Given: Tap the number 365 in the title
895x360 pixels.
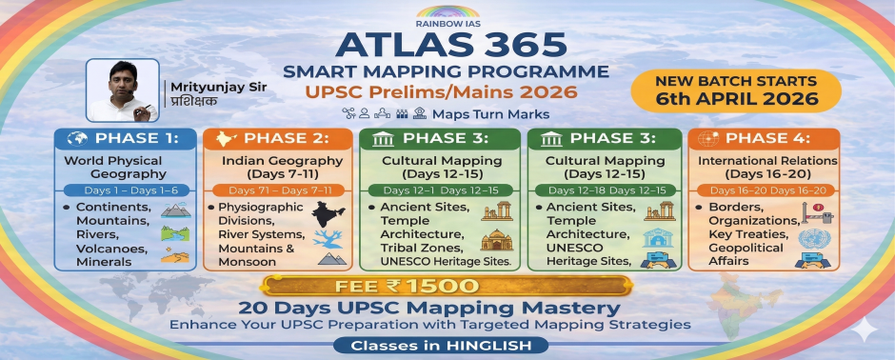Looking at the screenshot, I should pyautogui.click(x=526, y=46).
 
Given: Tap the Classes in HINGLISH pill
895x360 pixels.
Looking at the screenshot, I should pyautogui.click(x=447, y=346).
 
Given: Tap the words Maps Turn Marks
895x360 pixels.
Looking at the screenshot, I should pyautogui.click(x=490, y=113).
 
